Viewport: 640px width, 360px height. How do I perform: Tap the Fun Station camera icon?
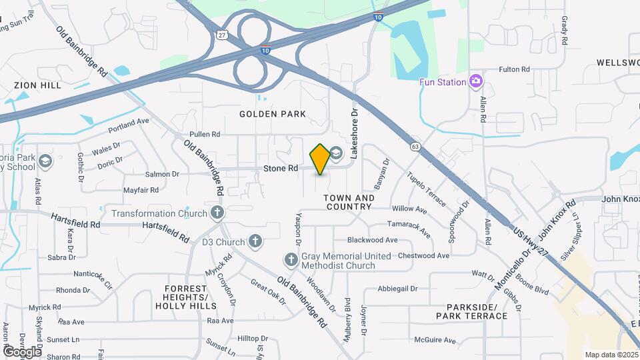pyautogui.click(x=475, y=81)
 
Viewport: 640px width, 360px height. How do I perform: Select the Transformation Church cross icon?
pyautogui.click(x=216, y=213)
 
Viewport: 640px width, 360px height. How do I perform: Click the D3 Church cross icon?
pyautogui.click(x=255, y=241)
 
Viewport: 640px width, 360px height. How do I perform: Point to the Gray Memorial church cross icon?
pyautogui.click(x=291, y=260)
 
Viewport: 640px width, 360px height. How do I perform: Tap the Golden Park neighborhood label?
pyautogui.click(x=274, y=114)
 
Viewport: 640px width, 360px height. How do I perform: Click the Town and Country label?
pyautogui.click(x=349, y=202)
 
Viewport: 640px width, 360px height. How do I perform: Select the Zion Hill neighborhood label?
pyautogui.click(x=37, y=85)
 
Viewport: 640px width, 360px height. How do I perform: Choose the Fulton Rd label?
pyautogui.click(x=514, y=69)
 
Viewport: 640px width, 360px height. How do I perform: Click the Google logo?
pyautogui.click(x=21, y=351)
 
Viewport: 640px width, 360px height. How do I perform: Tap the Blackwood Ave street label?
pyautogui.click(x=372, y=240)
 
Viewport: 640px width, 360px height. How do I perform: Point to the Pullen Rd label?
pyautogui.click(x=205, y=134)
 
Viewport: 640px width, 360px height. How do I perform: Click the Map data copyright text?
pyautogui.click(x=611, y=355)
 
